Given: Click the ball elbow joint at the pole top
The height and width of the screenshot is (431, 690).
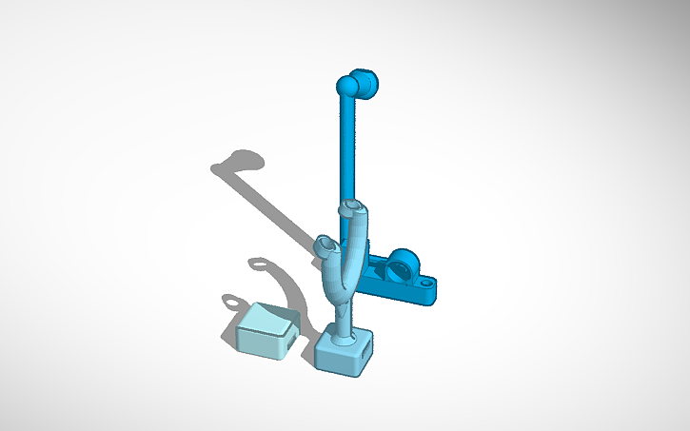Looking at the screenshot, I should pos(346,88).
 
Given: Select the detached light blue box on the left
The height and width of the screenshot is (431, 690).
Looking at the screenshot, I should pos(266,332).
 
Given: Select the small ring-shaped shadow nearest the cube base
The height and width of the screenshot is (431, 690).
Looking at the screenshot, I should pos(258,263).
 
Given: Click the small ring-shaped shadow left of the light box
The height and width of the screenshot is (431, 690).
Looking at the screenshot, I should pos(232,303).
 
